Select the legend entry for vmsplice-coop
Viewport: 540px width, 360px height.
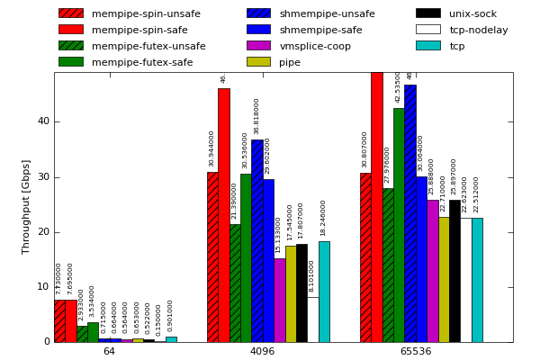(315, 46)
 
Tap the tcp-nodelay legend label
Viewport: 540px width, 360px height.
(478, 30)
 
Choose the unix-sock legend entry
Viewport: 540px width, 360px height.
(473, 13)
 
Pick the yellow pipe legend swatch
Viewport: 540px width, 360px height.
(258, 62)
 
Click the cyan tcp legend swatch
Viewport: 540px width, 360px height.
(427, 46)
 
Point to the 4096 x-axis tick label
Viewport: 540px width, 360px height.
(262, 351)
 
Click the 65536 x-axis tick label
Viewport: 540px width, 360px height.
(415, 351)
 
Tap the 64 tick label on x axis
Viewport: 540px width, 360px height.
(109, 351)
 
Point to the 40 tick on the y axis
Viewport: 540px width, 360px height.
(43, 121)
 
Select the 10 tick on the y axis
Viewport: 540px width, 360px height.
(43, 287)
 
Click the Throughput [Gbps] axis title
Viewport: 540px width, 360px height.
(26, 207)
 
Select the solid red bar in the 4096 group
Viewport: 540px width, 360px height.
(223, 215)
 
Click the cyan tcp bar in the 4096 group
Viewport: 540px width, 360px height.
(324, 292)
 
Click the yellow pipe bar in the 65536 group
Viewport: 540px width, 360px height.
(444, 279)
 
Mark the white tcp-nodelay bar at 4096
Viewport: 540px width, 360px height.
(312, 319)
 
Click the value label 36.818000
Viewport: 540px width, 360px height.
(256, 116)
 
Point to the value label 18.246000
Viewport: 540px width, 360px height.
(324, 218)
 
